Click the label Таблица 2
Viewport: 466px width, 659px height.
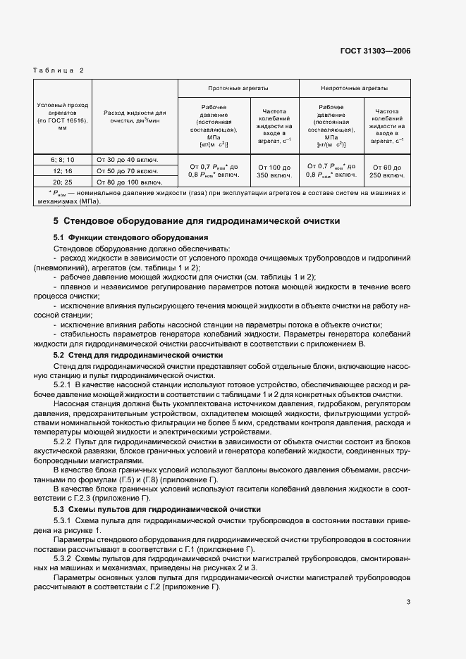coord(59,70)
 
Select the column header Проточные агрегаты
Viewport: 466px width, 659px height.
coord(238,89)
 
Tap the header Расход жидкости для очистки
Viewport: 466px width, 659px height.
coord(134,116)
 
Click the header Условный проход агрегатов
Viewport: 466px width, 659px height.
coord(63,116)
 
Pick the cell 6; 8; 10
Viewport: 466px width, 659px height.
coord(63,160)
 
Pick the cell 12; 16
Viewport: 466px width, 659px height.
coord(63,170)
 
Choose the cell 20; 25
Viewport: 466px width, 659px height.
coord(63,181)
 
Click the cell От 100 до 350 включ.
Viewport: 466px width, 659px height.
coord(274,170)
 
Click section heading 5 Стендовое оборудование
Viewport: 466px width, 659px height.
coord(197,221)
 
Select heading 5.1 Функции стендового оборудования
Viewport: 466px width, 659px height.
coord(130,238)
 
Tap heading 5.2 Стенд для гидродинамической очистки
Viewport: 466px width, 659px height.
coord(138,356)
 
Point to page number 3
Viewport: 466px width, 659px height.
coord(408,601)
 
